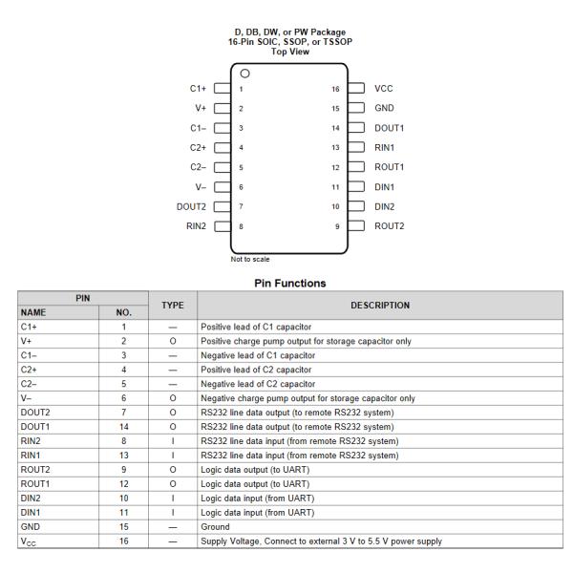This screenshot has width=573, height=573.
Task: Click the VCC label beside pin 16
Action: (385, 88)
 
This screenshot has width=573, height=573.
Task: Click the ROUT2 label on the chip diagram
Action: (390, 225)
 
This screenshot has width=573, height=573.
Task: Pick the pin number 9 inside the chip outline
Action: (335, 225)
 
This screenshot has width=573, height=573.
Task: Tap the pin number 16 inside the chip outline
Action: (334, 88)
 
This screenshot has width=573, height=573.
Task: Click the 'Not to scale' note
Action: (250, 258)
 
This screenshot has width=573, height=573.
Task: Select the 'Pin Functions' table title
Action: (286, 284)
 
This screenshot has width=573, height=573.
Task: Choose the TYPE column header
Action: (172, 306)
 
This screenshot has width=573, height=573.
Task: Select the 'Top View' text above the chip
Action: (286, 52)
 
